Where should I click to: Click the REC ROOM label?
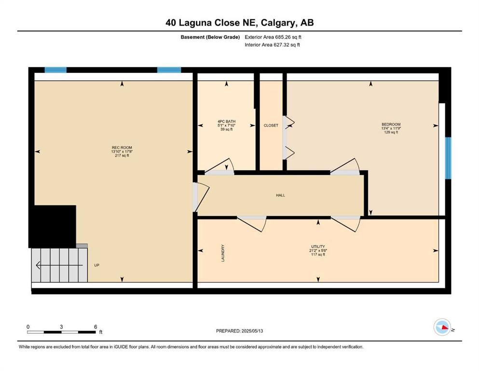[x=122, y=147]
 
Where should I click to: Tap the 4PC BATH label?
[x=226, y=121]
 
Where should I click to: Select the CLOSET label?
[x=271, y=126]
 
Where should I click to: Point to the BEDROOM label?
[x=391, y=125]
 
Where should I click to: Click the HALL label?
[x=280, y=195]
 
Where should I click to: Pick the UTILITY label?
[x=318, y=246]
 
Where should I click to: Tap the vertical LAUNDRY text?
[x=223, y=253]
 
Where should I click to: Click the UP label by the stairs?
[x=96, y=265]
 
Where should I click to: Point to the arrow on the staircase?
[x=59, y=265]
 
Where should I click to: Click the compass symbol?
[x=442, y=327]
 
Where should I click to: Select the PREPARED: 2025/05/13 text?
[x=239, y=331]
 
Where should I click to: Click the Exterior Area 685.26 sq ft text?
[x=273, y=37]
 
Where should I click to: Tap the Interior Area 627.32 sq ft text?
[x=272, y=44]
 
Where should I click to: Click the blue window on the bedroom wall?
[x=448, y=158]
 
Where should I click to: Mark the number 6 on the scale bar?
[x=96, y=327]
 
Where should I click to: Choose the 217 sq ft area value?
[x=122, y=156]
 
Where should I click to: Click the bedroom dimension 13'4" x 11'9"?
[x=391, y=128]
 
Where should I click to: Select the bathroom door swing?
[x=220, y=166]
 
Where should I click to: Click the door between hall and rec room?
[x=201, y=197]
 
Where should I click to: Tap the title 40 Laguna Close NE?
[x=212, y=23]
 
